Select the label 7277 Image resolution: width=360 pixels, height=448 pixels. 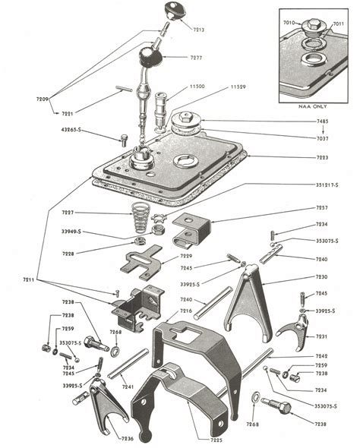[195, 57]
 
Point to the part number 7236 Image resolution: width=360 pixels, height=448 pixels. [128, 438]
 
